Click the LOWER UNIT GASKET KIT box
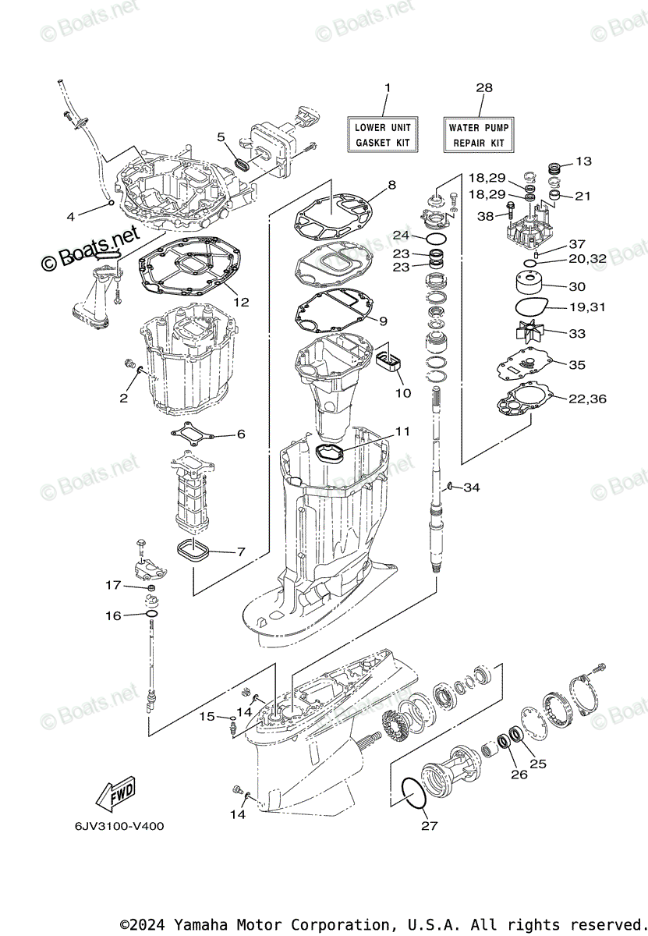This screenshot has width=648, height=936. pyautogui.click(x=383, y=135)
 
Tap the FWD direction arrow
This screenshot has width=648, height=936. pyautogui.click(x=115, y=795)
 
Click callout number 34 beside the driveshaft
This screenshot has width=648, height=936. pyautogui.click(x=472, y=488)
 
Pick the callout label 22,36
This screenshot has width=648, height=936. pyautogui.click(x=587, y=399)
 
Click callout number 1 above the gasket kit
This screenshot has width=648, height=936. pyautogui.click(x=388, y=88)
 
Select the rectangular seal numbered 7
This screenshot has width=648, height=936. pyautogui.click(x=192, y=551)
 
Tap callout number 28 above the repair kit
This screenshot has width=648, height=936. pyautogui.click(x=484, y=88)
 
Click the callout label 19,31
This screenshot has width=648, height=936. pyautogui.click(x=586, y=308)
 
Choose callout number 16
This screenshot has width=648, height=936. pyautogui.click(x=113, y=616)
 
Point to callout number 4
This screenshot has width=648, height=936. pyautogui.click(x=70, y=217)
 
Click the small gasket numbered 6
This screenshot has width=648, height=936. pyautogui.click(x=193, y=432)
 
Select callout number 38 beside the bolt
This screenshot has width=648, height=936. pyautogui.click(x=486, y=217)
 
